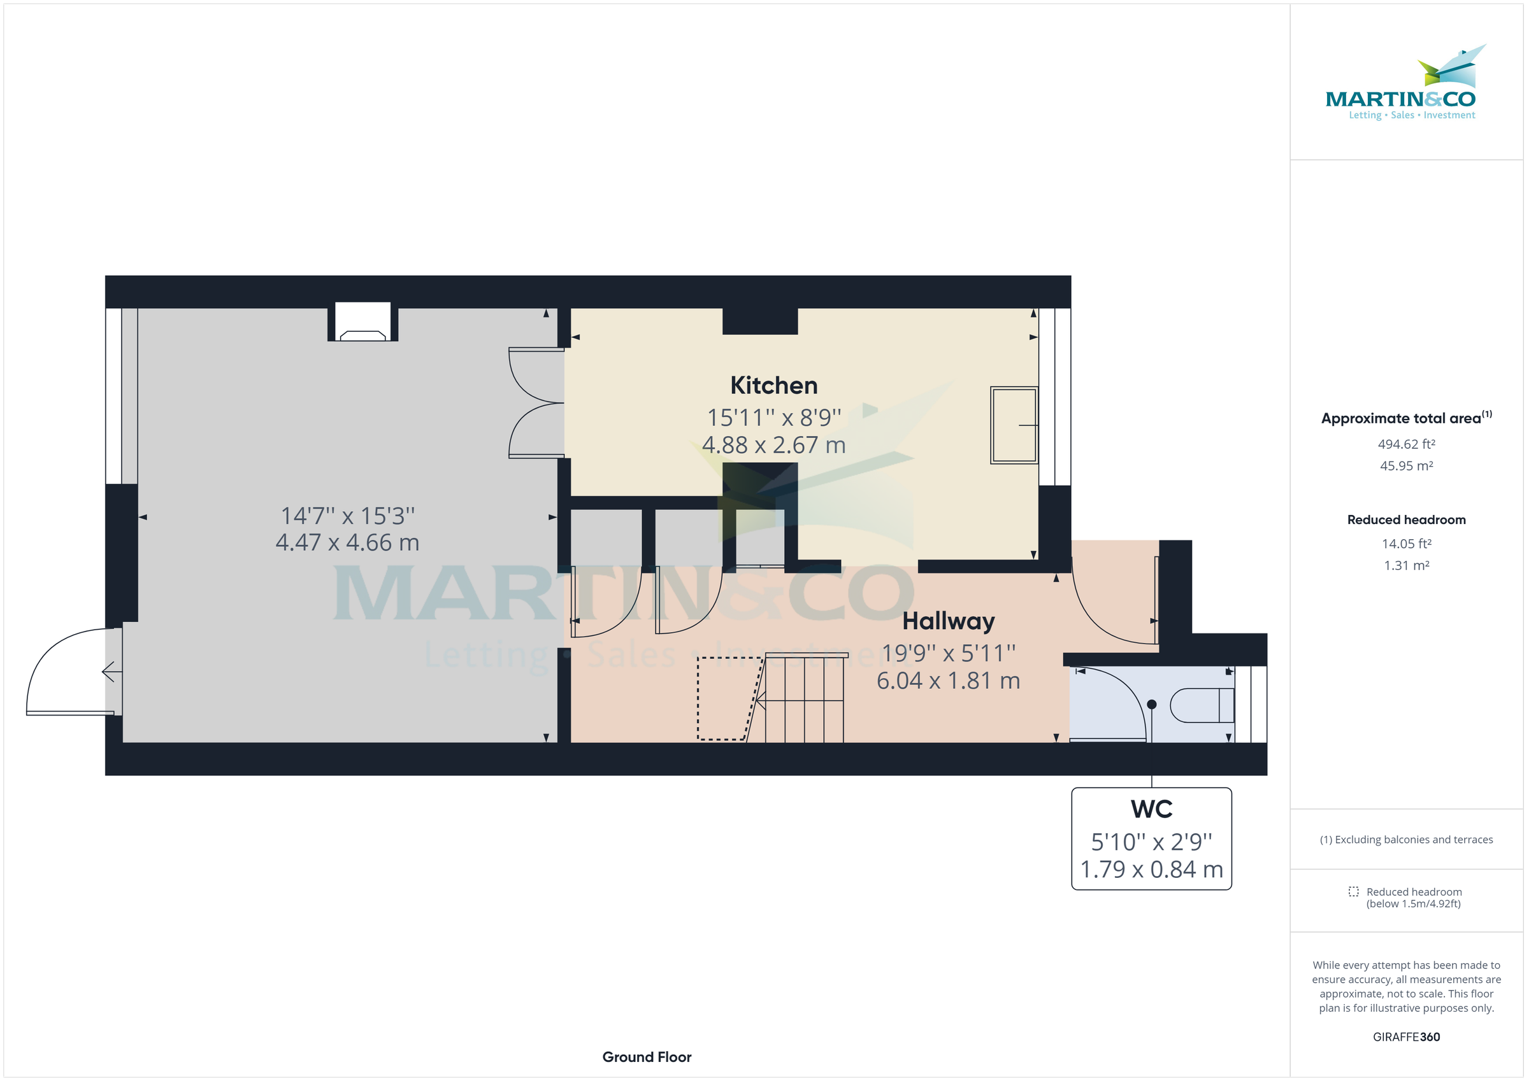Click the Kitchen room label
tap(773, 385)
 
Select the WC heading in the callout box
tap(1151, 809)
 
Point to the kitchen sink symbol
tap(1014, 425)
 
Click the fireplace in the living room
tap(363, 323)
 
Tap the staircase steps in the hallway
tap(805, 699)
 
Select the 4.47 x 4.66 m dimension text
tap(347, 542)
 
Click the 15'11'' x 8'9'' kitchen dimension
tap(774, 418)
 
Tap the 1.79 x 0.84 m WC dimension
tap(1151, 870)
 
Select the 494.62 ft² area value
tap(1406, 444)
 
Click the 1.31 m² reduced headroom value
tap(1406, 565)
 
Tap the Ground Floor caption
tap(647, 1057)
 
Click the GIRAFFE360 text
tap(1406, 1037)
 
